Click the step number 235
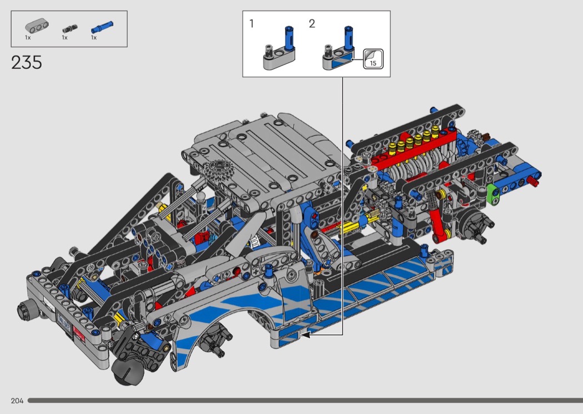pyautogui.click(x=27, y=63)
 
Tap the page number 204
pyautogui.click(x=17, y=401)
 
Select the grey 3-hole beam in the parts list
pyautogui.click(x=37, y=27)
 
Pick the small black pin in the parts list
pyautogui.click(x=69, y=29)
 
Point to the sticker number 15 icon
pyautogui.click(x=373, y=59)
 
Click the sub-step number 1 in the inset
pyautogui.click(x=252, y=24)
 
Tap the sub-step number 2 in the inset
pyautogui.click(x=312, y=24)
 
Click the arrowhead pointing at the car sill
pyautogui.click(x=305, y=335)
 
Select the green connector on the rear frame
pyautogui.click(x=492, y=194)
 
